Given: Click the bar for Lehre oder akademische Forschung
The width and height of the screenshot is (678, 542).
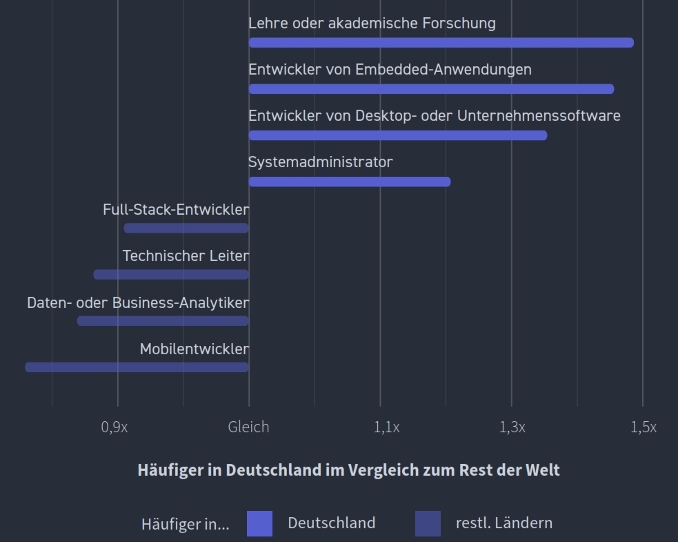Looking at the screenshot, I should pyautogui.click(x=441, y=43).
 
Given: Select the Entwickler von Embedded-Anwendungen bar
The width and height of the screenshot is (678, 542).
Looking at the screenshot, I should pyautogui.click(x=431, y=89).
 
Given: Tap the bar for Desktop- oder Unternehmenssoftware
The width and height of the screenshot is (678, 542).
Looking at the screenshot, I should pyautogui.click(x=398, y=135).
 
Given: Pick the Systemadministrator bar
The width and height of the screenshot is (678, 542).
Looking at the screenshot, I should pyautogui.click(x=350, y=182).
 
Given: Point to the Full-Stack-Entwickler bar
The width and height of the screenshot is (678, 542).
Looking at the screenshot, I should pyautogui.click(x=186, y=228).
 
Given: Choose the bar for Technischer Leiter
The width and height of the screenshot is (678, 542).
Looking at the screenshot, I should pyautogui.click(x=171, y=274).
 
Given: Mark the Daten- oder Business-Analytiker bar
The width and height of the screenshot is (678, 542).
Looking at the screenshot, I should pyautogui.click(x=163, y=320).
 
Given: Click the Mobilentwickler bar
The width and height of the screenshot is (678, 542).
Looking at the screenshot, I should pyautogui.click(x=137, y=367).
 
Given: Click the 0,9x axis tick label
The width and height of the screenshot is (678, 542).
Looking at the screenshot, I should pyautogui.click(x=114, y=427).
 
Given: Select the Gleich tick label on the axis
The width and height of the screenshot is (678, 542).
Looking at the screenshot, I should pyautogui.click(x=248, y=427).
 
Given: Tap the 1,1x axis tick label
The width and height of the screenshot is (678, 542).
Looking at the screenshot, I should pyautogui.click(x=386, y=427).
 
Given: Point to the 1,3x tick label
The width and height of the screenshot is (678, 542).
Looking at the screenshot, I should pyautogui.click(x=512, y=427).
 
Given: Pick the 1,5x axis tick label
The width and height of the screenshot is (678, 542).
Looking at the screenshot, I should pyautogui.click(x=643, y=427).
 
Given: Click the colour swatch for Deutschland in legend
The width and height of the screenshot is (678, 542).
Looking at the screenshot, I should pyautogui.click(x=259, y=523).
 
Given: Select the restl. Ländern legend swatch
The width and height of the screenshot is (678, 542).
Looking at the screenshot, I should pyautogui.click(x=428, y=523).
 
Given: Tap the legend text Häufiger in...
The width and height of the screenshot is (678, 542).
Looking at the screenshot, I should pyautogui.click(x=185, y=524).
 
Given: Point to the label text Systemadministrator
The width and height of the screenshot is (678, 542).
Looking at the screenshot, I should pyautogui.click(x=320, y=162).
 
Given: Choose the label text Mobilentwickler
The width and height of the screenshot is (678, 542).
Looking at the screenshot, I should pyautogui.click(x=194, y=349).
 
